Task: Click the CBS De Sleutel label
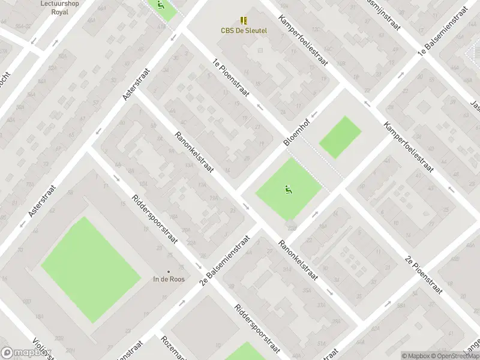(244, 30)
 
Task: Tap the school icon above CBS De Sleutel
(244, 20)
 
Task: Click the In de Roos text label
(169, 279)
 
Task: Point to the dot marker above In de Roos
(169, 271)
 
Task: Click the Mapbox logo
(25, 353)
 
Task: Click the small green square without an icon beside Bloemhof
(340, 137)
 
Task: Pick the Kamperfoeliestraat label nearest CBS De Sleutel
(303, 49)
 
